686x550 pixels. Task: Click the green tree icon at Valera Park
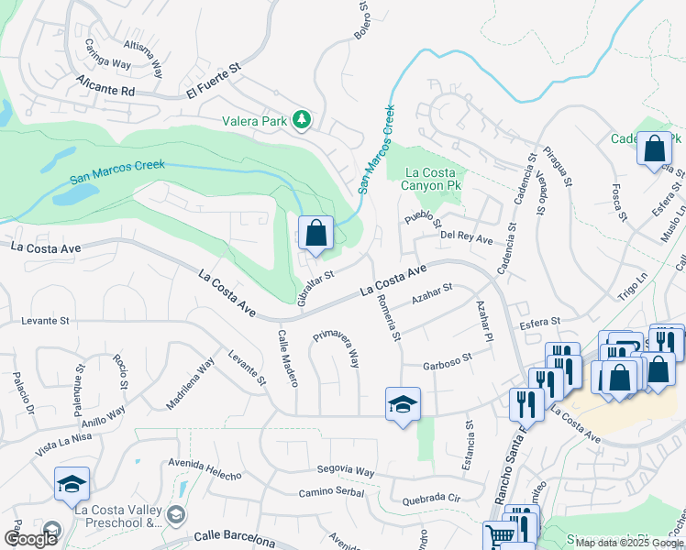pos(301,120)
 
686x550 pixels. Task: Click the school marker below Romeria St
pos(403,404)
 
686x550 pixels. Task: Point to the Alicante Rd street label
pos(105,86)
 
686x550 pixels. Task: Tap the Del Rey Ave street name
pos(467,238)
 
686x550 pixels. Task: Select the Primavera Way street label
pos(335,348)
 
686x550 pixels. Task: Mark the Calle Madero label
pos(288,357)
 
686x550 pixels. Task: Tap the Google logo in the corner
pos(30,539)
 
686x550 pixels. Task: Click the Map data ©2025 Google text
pos(628,542)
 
